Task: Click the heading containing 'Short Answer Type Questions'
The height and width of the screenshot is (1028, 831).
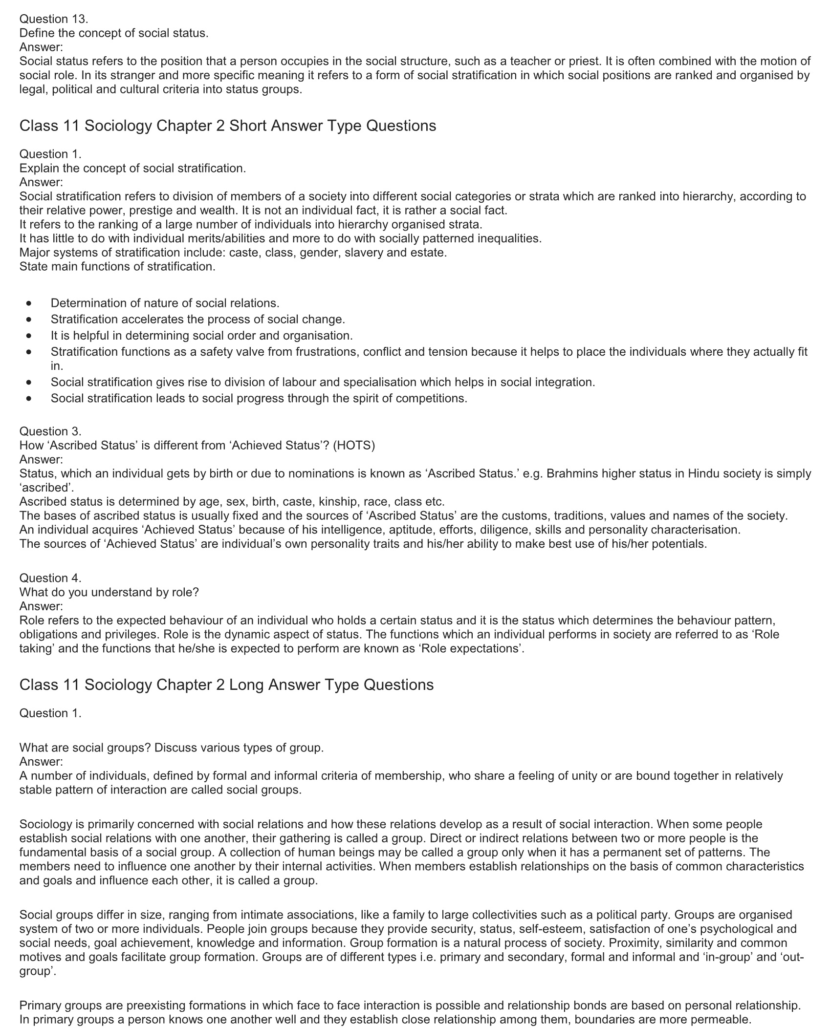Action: tap(228, 126)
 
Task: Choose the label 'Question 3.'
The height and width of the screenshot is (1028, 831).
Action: tap(50, 431)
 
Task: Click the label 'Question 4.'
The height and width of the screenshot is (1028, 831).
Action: tap(50, 578)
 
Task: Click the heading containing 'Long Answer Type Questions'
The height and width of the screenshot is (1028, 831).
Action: tap(226, 685)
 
